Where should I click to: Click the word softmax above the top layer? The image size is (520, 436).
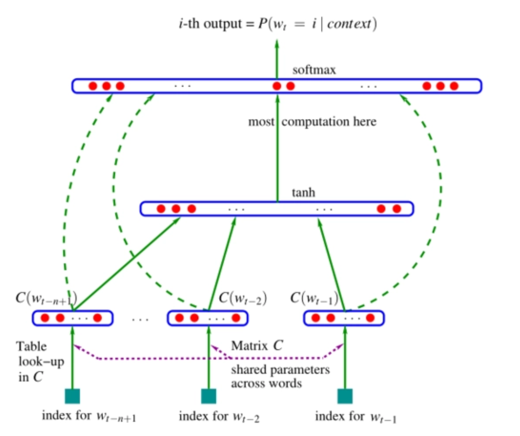(x=314, y=69)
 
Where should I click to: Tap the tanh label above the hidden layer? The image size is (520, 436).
(x=303, y=192)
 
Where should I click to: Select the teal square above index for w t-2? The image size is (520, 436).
(x=209, y=396)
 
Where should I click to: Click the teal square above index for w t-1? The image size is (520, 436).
(x=345, y=396)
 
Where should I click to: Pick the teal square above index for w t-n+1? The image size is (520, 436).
(x=72, y=396)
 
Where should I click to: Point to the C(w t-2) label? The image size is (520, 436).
(x=243, y=298)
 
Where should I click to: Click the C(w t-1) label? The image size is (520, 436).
(x=314, y=298)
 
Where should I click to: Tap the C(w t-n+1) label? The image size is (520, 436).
(x=46, y=298)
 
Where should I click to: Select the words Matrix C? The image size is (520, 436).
(x=257, y=346)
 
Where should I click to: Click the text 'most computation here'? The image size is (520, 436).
(x=312, y=122)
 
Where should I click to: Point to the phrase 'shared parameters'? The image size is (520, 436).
(x=280, y=370)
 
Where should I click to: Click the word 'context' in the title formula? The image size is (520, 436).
(x=349, y=24)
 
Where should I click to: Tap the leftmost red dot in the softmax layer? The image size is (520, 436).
(x=93, y=86)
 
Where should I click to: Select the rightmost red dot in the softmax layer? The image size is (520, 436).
(x=454, y=86)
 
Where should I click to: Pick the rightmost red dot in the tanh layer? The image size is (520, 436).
(x=396, y=209)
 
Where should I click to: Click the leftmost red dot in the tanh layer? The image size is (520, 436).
(x=161, y=209)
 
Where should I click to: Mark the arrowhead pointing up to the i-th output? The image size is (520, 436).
(x=277, y=43)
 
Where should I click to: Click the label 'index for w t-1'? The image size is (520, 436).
(x=356, y=416)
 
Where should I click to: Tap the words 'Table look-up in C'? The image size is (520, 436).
(x=40, y=362)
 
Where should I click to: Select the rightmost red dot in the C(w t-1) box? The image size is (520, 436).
(x=370, y=318)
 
